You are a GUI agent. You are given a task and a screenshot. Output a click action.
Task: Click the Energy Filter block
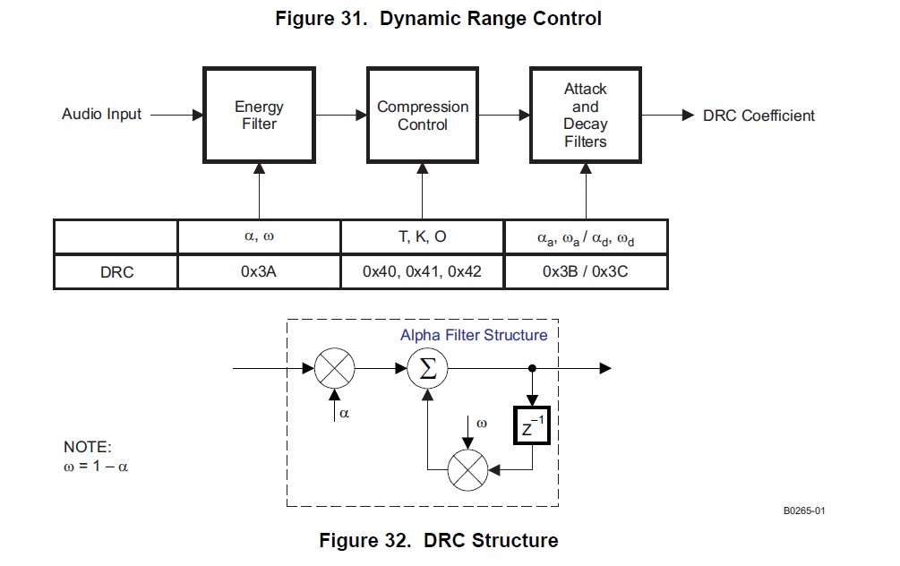(x=259, y=116)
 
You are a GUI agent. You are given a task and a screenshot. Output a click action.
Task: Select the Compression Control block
(x=422, y=116)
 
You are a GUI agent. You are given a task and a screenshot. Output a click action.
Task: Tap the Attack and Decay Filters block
(x=585, y=116)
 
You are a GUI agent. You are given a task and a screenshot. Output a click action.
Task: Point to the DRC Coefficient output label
(x=759, y=116)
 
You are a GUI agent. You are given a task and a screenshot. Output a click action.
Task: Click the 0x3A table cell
(x=259, y=271)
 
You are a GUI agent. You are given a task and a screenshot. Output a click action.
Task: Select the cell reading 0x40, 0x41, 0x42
(x=422, y=271)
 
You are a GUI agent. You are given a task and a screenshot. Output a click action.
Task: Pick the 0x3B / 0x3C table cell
(x=586, y=271)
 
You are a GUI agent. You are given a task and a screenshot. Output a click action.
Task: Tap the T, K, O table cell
(x=422, y=236)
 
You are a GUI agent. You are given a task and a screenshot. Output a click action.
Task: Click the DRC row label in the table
(x=116, y=271)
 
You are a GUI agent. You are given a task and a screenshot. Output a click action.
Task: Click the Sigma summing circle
(x=428, y=368)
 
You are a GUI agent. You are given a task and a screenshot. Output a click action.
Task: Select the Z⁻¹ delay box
(x=533, y=426)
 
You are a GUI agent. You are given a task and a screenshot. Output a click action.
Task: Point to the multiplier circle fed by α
(x=335, y=368)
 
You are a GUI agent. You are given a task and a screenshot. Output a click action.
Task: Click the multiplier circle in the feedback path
(x=467, y=468)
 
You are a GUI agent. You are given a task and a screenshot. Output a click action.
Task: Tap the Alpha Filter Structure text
(x=474, y=335)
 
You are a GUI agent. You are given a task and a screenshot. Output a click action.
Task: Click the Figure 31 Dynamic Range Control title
(x=438, y=19)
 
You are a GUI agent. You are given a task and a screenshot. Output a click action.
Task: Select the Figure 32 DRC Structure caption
(x=438, y=541)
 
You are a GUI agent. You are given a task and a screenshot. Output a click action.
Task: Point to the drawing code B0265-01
(x=803, y=510)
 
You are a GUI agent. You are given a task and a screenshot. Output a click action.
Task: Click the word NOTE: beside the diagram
(x=88, y=448)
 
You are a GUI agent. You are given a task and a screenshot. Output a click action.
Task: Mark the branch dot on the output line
(x=533, y=368)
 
